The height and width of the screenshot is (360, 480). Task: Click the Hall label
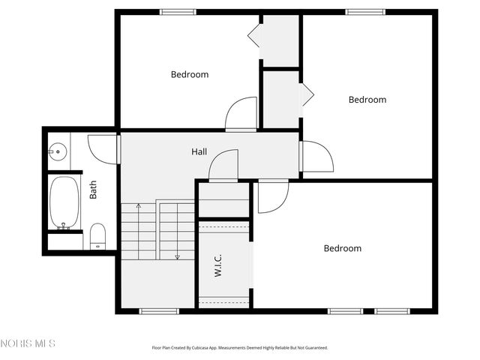click(x=199, y=151)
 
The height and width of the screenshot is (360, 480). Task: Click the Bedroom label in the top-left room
click(x=190, y=74)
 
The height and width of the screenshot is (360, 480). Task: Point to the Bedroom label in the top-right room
click(x=367, y=100)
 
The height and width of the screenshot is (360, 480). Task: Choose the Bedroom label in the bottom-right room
click(x=343, y=248)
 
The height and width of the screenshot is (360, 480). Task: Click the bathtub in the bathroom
click(x=64, y=202)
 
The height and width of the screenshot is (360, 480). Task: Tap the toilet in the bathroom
click(x=97, y=235)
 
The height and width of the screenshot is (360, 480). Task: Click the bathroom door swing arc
click(x=102, y=146)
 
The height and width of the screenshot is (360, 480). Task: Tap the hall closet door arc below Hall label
click(x=223, y=165)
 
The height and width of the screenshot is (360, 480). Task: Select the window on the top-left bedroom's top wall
click(x=178, y=12)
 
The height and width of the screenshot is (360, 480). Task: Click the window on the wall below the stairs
click(x=159, y=310)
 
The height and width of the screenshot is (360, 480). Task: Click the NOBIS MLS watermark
click(x=28, y=343)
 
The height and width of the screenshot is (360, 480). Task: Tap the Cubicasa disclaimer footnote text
click(x=240, y=348)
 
